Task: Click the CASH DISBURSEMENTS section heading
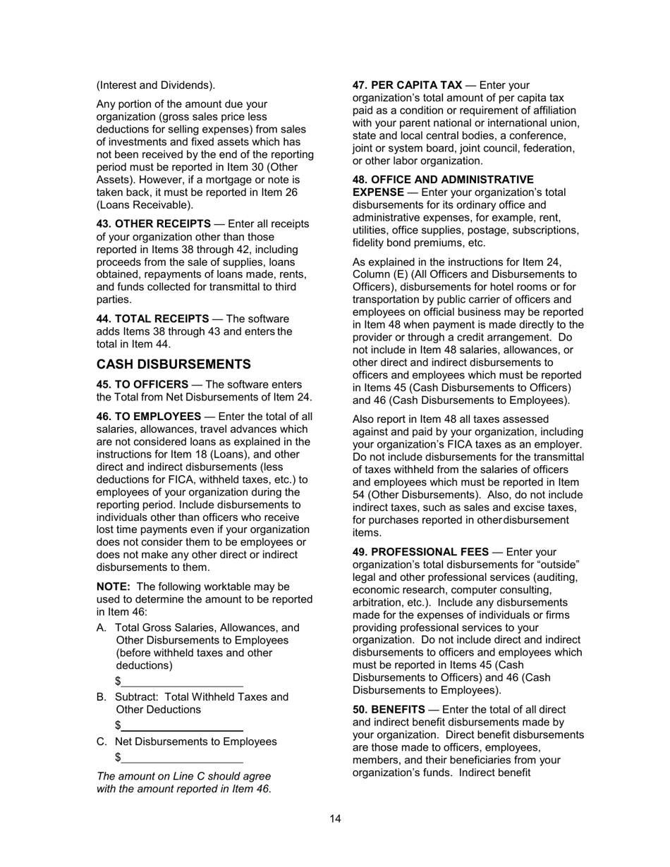(x=173, y=364)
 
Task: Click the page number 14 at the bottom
(x=335, y=818)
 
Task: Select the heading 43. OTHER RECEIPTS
(x=153, y=224)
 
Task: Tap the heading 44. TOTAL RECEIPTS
(x=152, y=319)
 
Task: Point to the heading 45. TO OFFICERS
(x=142, y=385)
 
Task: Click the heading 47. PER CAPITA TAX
(x=407, y=85)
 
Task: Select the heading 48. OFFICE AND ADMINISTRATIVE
(x=442, y=180)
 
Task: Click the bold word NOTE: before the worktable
(x=113, y=586)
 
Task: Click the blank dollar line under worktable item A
(x=181, y=682)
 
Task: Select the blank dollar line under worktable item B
(x=181, y=726)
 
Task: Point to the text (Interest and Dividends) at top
(x=156, y=85)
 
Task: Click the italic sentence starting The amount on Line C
(x=183, y=782)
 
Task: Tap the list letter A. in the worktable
(x=102, y=628)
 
